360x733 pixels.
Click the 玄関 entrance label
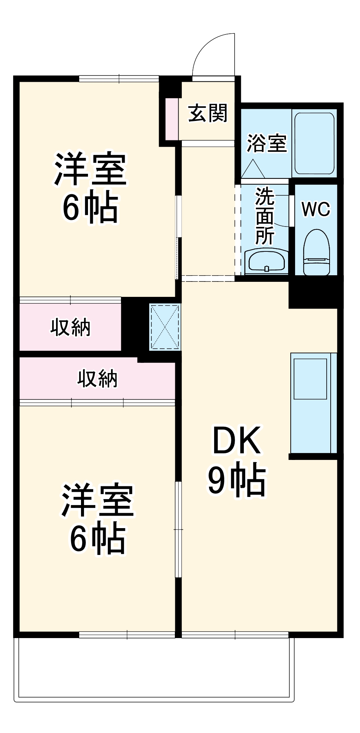pyautogui.click(x=207, y=113)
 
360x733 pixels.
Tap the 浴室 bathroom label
pyautogui.click(x=267, y=143)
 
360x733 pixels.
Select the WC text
pyautogui.click(x=316, y=209)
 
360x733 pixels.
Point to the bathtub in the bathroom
pyautogui.click(x=315, y=143)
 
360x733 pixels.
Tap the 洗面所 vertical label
pyautogui.click(x=265, y=216)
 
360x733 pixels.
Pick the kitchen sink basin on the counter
pyautogui.click(x=310, y=379)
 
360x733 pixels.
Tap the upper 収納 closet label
pyautogui.click(x=70, y=327)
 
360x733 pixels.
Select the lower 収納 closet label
pyautogui.click(x=98, y=379)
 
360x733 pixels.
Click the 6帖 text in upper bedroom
pyautogui.click(x=90, y=208)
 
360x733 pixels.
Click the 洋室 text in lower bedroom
pyautogui.click(x=98, y=501)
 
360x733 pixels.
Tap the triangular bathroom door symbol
pyautogui.click(x=253, y=170)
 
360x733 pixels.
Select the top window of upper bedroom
pyautogui.click(x=119, y=78)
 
